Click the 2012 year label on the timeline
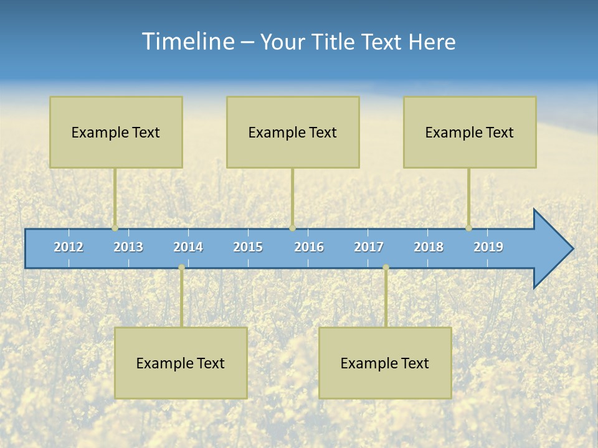[69, 247]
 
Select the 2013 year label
[128, 247]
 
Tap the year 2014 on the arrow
[188, 247]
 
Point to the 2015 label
[248, 247]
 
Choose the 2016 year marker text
[309, 247]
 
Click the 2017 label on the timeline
[369, 247]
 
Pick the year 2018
[429, 247]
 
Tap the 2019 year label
[488, 247]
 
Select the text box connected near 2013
[116, 132]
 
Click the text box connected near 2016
[293, 132]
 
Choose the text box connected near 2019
[470, 132]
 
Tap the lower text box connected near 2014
[181, 363]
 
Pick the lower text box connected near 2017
[385, 363]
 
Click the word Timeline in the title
[187, 42]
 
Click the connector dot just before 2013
[115, 228]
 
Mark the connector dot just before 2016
[292, 228]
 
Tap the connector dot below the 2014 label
[181, 267]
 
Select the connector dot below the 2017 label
[386, 267]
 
